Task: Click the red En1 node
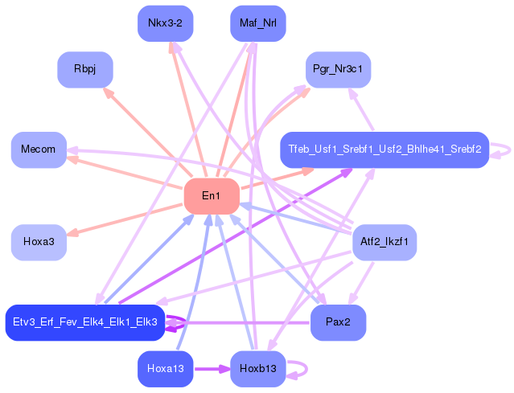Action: pyautogui.click(x=212, y=196)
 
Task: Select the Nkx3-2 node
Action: pyautogui.click(x=165, y=23)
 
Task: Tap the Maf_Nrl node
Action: pyautogui.click(x=257, y=23)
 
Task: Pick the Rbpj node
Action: pyautogui.click(x=84, y=69)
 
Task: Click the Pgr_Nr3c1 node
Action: pyautogui.click(x=338, y=69)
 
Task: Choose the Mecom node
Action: pyautogui.click(x=38, y=149)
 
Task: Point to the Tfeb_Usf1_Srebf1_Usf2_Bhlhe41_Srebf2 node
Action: pyautogui.click(x=384, y=149)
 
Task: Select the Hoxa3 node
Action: pyautogui.click(x=38, y=242)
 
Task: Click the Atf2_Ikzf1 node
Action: pyautogui.click(x=384, y=242)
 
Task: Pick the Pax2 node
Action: pyautogui.click(x=338, y=322)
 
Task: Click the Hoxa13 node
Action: pyautogui.click(x=165, y=369)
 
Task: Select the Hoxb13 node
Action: pyautogui.click(x=257, y=369)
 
